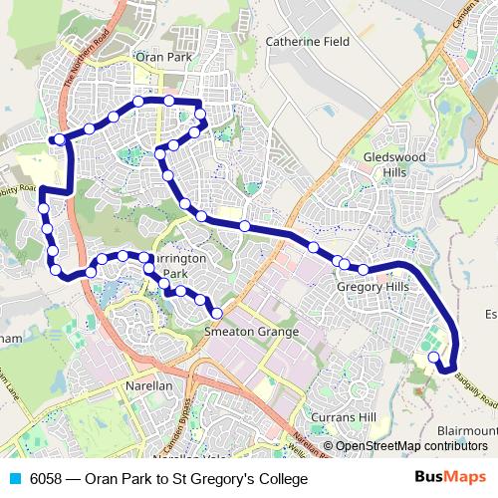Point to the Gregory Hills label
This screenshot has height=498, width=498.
click(373, 287)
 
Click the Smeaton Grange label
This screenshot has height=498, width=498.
click(251, 332)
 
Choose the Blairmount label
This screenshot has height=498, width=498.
click(466, 430)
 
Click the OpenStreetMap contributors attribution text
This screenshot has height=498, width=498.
click(411, 446)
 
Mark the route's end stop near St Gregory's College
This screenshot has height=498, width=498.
click(432, 358)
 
